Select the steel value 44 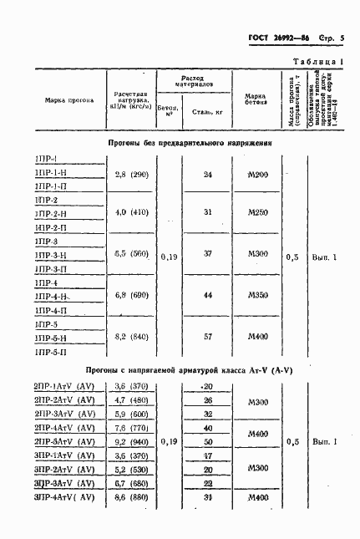(x=208, y=296)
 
